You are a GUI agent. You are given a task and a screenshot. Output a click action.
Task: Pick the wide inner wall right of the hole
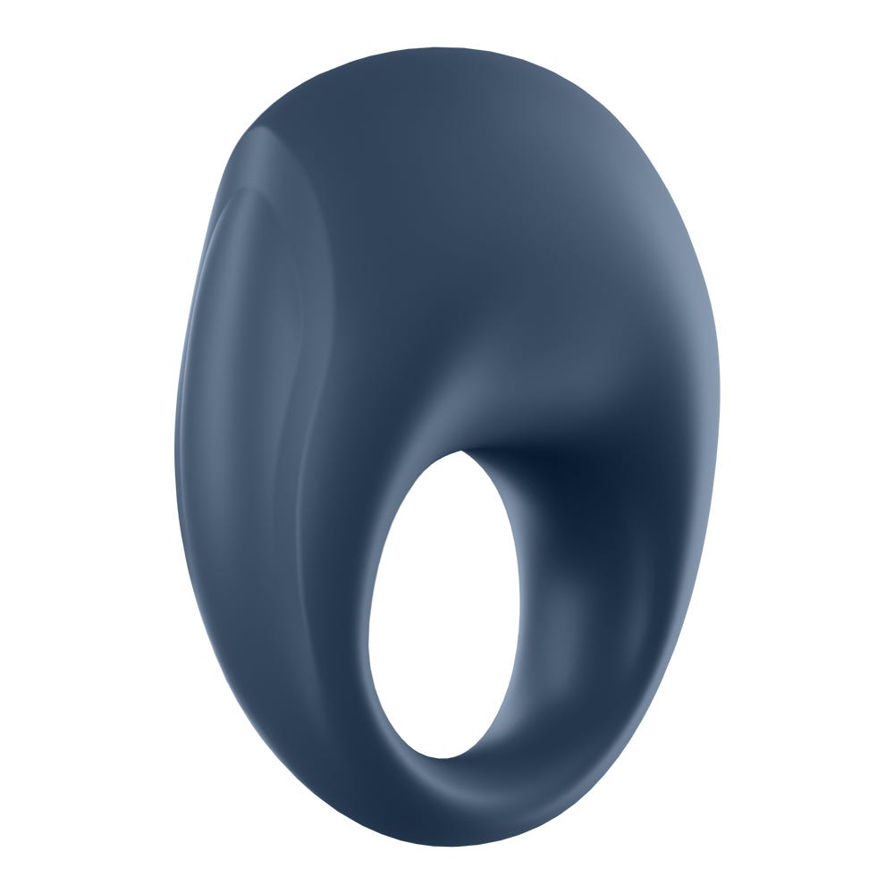pyautogui.click(x=572, y=608)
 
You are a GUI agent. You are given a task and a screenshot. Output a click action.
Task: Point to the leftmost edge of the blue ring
pyautogui.click(x=175, y=447)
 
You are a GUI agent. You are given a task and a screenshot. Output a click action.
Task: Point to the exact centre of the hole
pyautogui.click(x=443, y=605)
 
